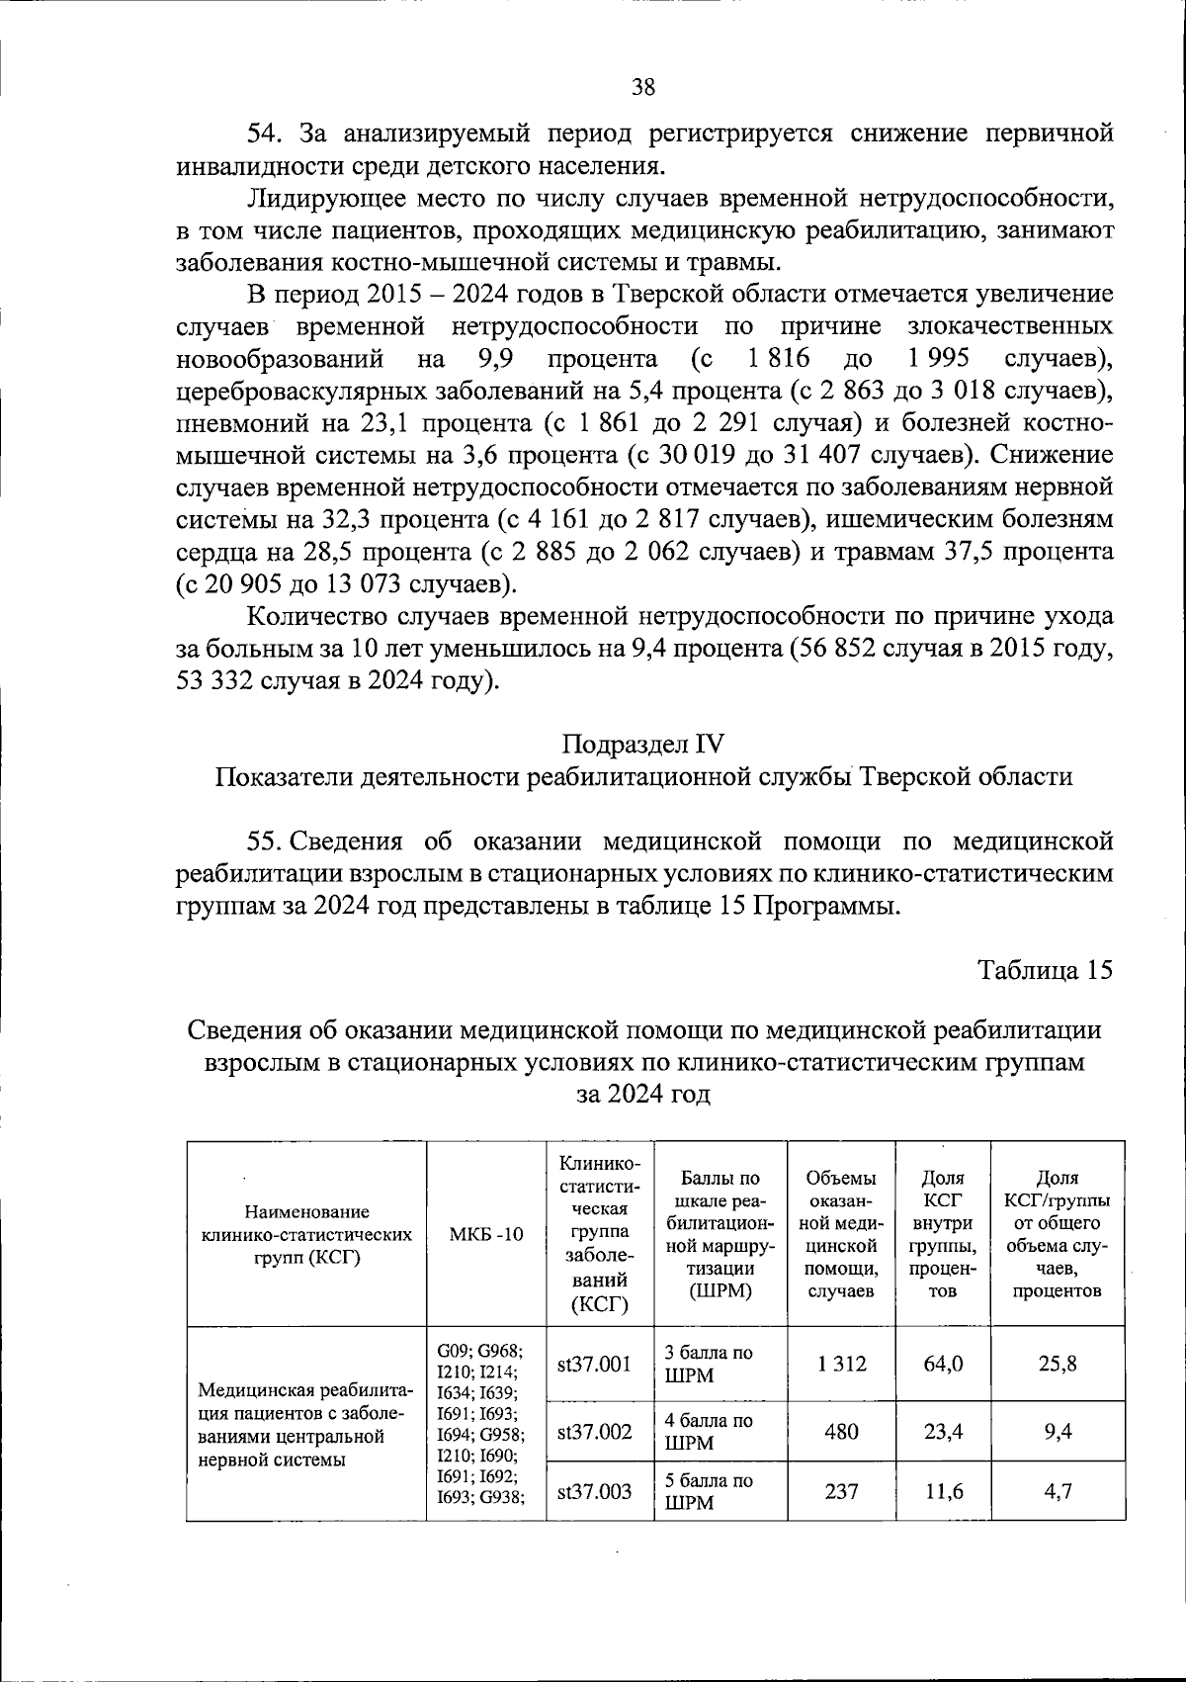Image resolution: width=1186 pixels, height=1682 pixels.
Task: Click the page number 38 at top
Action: [x=642, y=87]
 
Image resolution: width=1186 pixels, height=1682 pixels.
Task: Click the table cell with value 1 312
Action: [x=842, y=1364]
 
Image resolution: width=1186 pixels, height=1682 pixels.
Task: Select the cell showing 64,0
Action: [x=944, y=1364]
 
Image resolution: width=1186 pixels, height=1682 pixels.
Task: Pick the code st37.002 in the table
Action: [x=594, y=1431]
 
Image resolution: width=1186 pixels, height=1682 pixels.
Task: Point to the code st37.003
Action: [x=594, y=1491]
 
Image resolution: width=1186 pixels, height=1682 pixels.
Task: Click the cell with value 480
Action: [x=842, y=1431]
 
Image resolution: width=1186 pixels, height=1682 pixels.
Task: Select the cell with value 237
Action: [x=842, y=1491]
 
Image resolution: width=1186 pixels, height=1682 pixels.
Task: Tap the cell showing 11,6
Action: [x=944, y=1491]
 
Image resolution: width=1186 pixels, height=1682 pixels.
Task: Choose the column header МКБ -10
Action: [x=486, y=1234]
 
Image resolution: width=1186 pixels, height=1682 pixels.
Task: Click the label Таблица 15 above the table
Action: [x=1046, y=969]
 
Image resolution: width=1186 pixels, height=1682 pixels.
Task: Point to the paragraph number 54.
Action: [x=266, y=133]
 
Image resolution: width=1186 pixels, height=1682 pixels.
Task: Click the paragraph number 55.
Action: [x=266, y=841]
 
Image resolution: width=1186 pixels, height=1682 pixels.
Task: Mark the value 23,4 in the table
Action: [x=944, y=1431]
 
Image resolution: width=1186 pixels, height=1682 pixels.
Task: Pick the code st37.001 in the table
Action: [x=594, y=1365]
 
